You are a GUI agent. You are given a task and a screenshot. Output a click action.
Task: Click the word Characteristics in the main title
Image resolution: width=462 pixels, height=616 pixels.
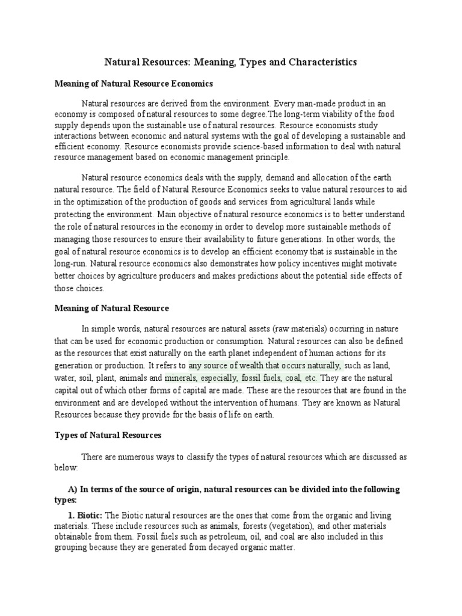[315, 62]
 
